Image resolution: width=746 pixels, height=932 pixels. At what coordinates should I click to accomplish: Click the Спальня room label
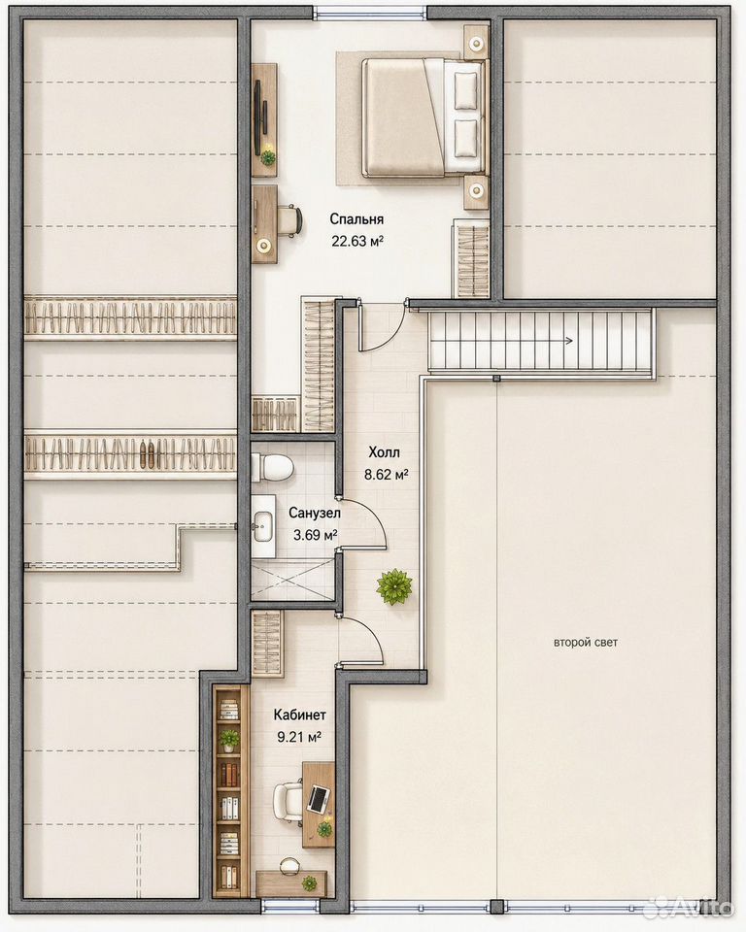[x=356, y=219]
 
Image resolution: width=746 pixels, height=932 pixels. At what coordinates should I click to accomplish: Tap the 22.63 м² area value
[x=356, y=241]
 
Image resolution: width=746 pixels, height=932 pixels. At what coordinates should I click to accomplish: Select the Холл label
[x=385, y=453]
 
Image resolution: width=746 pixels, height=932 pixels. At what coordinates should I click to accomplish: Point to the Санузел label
[x=315, y=513]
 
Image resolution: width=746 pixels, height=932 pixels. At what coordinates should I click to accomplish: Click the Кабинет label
[x=300, y=715]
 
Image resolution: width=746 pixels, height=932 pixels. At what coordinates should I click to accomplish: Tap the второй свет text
[x=586, y=643]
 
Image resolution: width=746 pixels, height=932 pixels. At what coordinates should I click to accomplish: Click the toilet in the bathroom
[x=272, y=467]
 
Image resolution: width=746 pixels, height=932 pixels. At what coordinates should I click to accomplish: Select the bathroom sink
[x=262, y=526]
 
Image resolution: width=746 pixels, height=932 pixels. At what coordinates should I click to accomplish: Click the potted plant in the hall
[x=393, y=587]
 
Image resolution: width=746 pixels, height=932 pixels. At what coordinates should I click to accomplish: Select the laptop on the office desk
[x=319, y=799]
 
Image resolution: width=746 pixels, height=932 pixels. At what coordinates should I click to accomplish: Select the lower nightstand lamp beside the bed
[x=476, y=190]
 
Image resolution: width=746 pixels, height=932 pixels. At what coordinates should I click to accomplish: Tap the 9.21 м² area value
[x=299, y=738]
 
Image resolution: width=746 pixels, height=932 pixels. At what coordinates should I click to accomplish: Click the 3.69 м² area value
[x=316, y=535]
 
